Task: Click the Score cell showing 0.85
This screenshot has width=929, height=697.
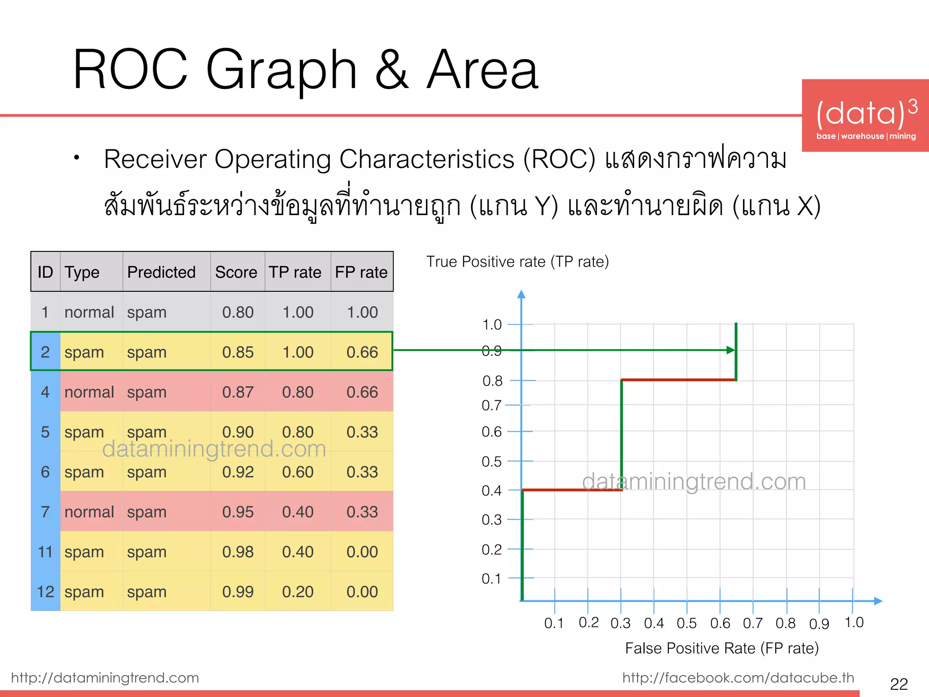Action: [238, 352]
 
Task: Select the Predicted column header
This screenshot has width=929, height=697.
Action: [161, 272]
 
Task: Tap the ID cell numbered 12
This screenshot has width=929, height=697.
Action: [45, 592]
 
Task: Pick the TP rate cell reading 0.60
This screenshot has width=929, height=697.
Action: [298, 472]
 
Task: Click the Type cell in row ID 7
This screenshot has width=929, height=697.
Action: [89, 512]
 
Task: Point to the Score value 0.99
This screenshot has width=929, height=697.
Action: [238, 592]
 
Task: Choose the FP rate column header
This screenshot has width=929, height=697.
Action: [361, 272]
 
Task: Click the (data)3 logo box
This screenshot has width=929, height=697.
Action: [865, 116]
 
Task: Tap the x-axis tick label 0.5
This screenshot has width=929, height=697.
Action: [686, 623]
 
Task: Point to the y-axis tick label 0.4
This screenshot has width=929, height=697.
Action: [492, 491]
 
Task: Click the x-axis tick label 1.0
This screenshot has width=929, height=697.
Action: [854, 623]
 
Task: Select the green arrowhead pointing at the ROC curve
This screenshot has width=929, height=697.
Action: [730, 350]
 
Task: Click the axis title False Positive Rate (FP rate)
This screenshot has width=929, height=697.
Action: [722, 648]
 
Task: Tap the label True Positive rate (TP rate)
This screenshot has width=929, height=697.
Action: [518, 262]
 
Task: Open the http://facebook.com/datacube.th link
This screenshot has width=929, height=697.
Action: [738, 677]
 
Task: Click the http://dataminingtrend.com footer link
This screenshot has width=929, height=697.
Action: [105, 677]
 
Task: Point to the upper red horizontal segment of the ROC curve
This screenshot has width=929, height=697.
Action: [678, 380]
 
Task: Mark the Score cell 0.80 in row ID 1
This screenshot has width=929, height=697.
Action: [238, 312]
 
